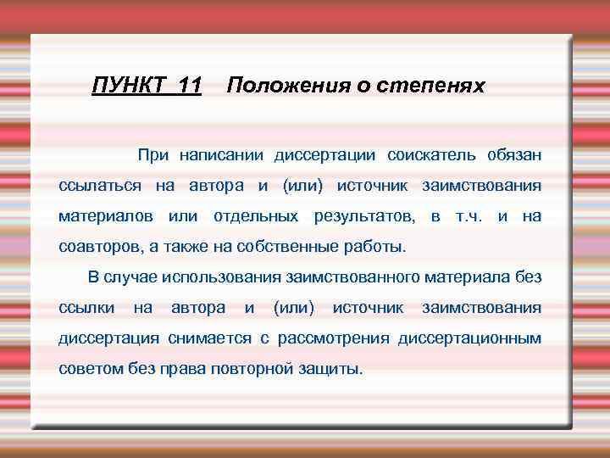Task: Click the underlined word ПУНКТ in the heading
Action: [125, 86]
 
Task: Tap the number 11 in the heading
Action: [185, 86]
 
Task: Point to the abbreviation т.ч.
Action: [469, 216]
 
